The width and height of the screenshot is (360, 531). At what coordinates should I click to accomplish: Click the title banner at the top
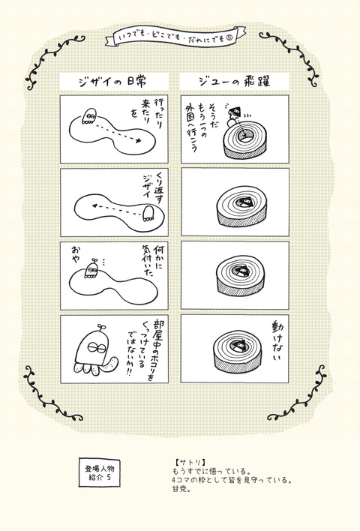point(180,37)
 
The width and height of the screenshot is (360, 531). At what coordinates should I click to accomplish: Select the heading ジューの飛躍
point(233,80)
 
